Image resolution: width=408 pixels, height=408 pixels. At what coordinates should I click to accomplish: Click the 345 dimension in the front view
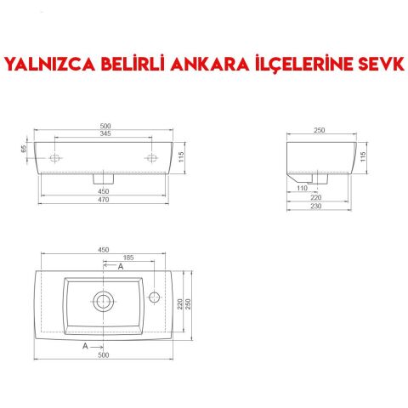[105, 133]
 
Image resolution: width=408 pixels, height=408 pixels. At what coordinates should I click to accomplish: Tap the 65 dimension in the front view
[25, 149]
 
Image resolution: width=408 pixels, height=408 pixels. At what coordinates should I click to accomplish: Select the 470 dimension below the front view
[105, 200]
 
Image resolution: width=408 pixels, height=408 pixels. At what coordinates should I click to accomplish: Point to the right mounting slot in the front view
[153, 158]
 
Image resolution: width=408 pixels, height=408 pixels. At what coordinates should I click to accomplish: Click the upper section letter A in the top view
[120, 267]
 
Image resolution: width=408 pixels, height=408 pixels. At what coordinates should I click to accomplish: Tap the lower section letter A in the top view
[85, 347]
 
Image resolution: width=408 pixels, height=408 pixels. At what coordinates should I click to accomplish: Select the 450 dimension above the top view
[105, 250]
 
